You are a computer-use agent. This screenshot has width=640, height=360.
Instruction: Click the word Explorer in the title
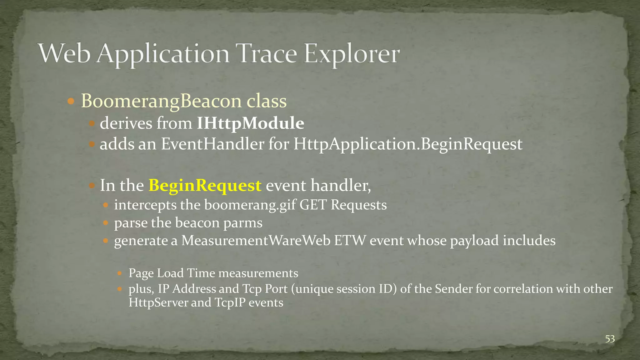coord(352,54)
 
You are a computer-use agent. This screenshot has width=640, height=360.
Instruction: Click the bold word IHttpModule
coord(250,123)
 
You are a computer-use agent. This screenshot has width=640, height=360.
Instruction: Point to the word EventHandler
coord(212,144)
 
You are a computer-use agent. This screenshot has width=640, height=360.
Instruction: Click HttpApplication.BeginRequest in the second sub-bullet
coord(407,144)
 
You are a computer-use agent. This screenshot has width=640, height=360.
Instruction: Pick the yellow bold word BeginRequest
coord(205,185)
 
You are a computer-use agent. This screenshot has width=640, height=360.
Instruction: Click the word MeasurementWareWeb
coord(256,241)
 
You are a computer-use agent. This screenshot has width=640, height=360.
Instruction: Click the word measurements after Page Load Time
coord(258,273)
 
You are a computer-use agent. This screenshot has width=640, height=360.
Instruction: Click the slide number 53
coord(610,339)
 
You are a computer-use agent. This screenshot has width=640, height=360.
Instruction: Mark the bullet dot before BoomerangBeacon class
coord(71,101)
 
